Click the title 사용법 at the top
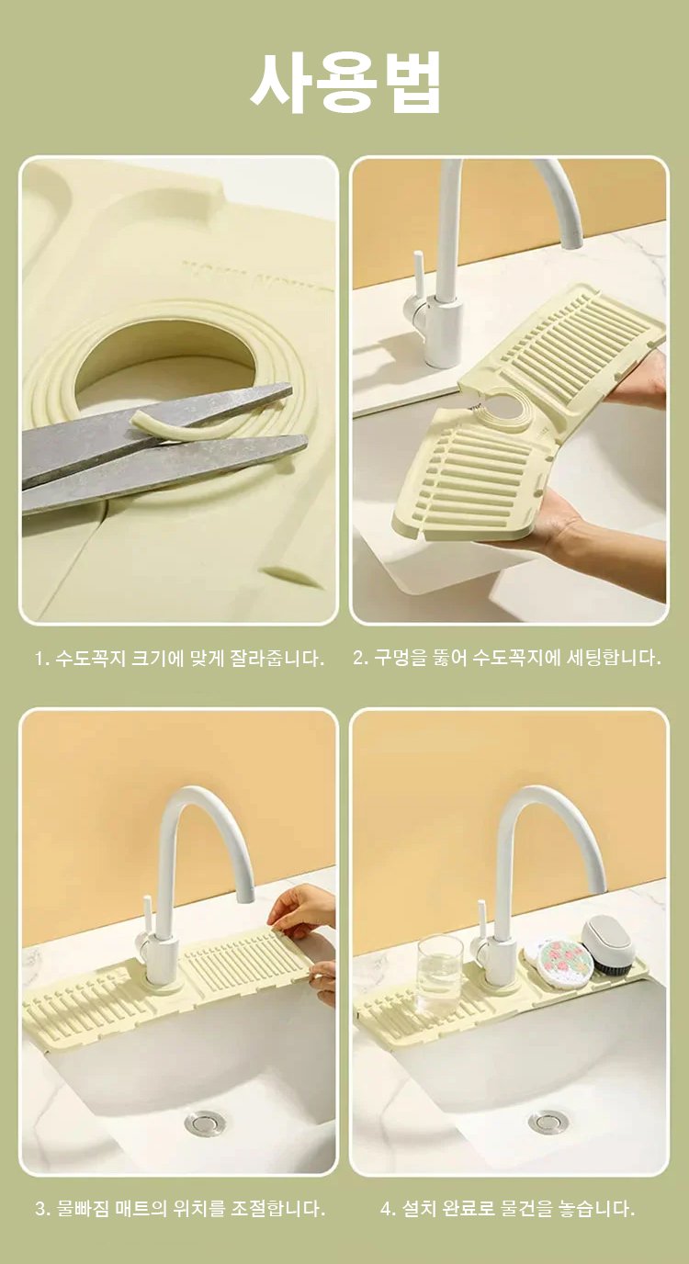(x=344, y=83)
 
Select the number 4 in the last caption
(x=387, y=1209)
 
